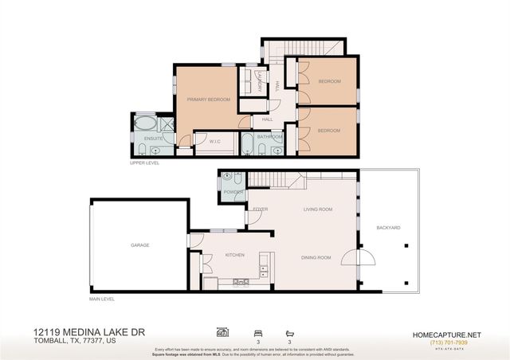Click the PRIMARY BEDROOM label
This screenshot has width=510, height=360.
coord(208,100)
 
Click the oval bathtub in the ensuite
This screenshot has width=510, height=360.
coord(147,123)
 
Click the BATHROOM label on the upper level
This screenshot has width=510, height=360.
coord(269,137)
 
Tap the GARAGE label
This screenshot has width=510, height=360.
coord(140,245)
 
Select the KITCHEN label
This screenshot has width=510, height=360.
coord(234,256)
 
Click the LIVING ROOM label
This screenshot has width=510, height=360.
coord(317,209)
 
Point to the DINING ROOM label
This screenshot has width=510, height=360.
coord(316,257)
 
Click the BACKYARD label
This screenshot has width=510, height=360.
coord(388,228)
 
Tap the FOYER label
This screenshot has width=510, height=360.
coord(260,209)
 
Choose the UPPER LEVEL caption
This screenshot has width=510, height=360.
coord(145,162)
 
